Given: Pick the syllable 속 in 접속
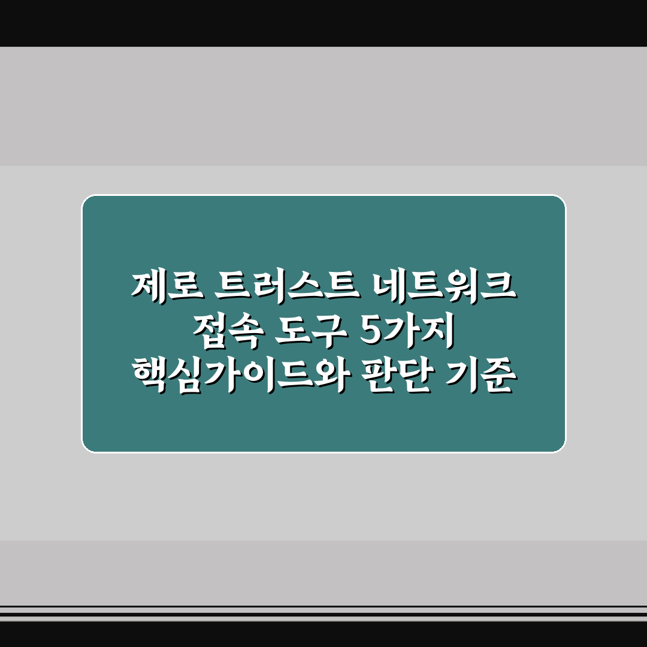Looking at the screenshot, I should point(241,328).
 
